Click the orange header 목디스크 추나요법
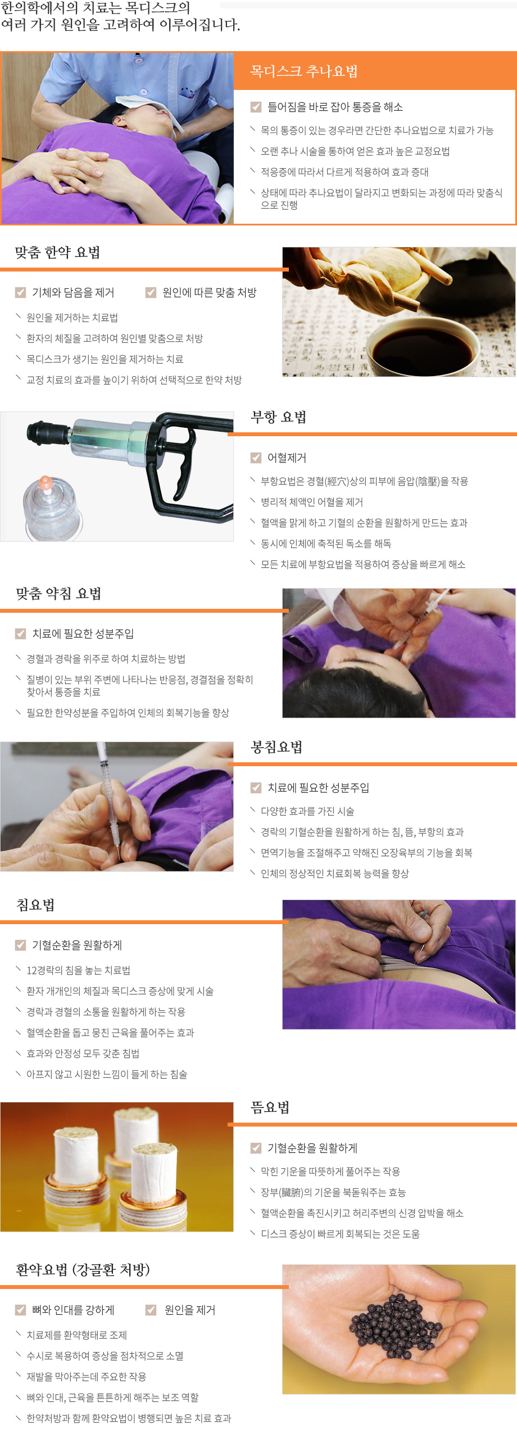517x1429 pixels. coord(304,71)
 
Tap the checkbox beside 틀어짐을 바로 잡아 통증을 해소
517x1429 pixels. coord(256,107)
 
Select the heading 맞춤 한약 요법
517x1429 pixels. coord(57,252)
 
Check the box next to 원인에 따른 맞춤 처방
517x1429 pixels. coord(151,292)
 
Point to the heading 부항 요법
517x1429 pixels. coord(278,417)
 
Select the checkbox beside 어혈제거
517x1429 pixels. coord(256,458)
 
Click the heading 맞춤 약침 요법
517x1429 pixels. coord(58,594)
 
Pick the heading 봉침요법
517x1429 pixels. coord(276,747)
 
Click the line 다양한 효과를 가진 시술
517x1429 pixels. coord(307,811)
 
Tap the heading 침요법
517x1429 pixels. coord(35,905)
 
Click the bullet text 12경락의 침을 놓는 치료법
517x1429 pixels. coord(78,970)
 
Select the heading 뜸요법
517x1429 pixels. coord(270,1108)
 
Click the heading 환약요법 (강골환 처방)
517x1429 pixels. coord(83,1270)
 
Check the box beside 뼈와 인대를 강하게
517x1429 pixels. coord(20,1310)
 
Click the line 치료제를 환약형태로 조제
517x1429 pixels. coord(76,1335)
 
